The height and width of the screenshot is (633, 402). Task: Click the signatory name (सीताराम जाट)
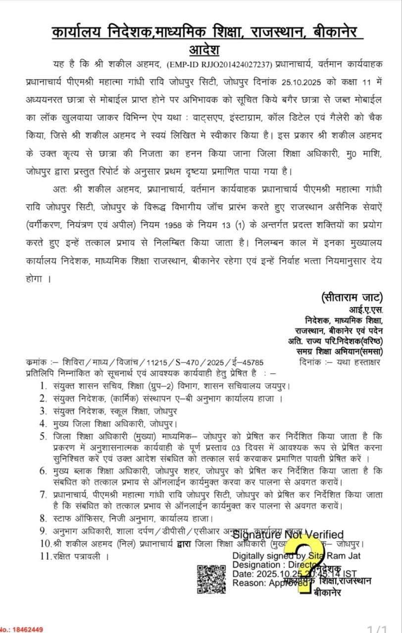pos(352,297)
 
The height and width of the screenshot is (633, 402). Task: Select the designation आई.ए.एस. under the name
pos(366,310)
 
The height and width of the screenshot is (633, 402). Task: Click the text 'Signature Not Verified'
pos(288,535)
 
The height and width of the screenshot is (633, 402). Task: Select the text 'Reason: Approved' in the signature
pos(264,583)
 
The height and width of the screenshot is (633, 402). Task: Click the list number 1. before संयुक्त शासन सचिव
pos(43,385)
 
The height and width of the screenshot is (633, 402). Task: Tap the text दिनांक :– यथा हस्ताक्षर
pos(340,362)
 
